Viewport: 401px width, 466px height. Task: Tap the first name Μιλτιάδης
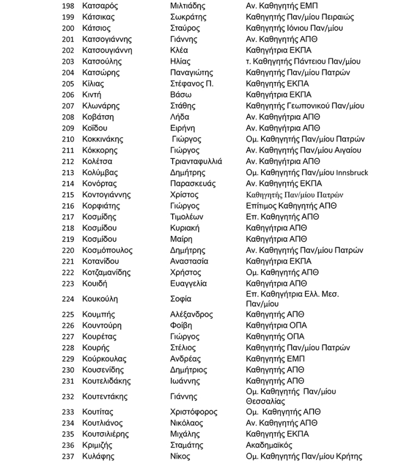click(187, 6)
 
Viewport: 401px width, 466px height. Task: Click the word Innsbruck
click(348, 173)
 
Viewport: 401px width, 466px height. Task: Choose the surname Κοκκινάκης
click(103, 139)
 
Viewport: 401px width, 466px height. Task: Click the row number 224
click(68, 299)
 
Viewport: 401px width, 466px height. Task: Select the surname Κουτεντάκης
click(106, 397)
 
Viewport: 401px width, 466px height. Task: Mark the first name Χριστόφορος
click(193, 412)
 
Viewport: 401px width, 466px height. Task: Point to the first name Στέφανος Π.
click(192, 84)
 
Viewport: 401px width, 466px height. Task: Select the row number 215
click(68, 195)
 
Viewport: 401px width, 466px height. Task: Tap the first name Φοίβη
click(181, 326)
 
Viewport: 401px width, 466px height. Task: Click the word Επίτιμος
click(262, 206)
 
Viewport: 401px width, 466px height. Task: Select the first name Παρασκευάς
click(193, 184)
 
